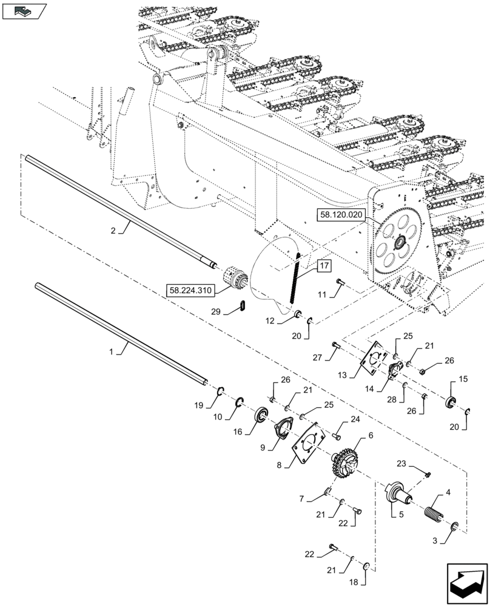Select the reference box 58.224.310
point(190,291)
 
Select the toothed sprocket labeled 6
point(346,465)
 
